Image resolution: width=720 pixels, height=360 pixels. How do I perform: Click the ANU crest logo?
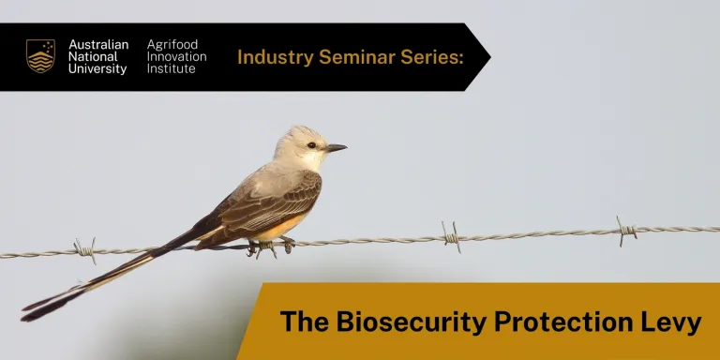pos(40,56)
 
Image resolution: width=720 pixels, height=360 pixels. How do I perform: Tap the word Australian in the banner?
pos(98,44)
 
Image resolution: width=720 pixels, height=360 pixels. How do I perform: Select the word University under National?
pos(97,69)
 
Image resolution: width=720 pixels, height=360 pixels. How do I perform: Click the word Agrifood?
pos(172,44)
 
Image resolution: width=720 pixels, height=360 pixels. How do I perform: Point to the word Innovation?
pos(177,56)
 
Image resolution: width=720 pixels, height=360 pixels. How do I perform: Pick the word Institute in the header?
pos(172,69)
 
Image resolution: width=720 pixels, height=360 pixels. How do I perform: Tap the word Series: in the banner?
pos(433,57)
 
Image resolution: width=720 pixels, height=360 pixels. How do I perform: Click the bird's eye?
pos(311,145)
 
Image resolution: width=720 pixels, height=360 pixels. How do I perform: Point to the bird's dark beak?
pos(336,147)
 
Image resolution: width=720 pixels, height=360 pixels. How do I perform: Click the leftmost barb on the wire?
pos(85,249)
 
